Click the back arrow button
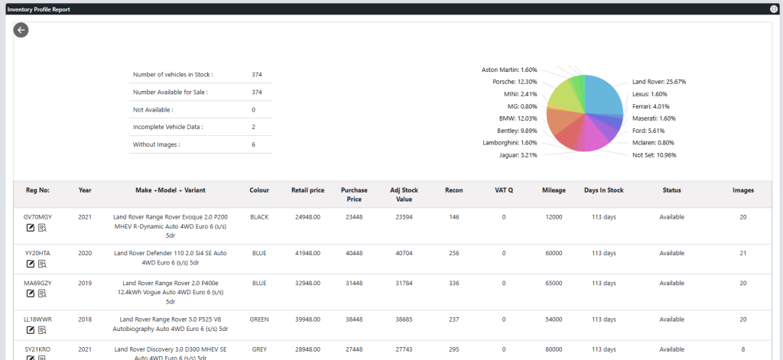(21, 30)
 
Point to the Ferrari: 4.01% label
(651, 106)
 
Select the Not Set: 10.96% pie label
(654, 155)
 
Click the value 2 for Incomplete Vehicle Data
(254, 127)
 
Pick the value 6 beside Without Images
(254, 144)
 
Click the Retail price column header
(308, 190)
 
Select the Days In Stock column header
(603, 190)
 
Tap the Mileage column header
(554, 190)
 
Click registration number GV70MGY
(37, 217)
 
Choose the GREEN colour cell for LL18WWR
(259, 319)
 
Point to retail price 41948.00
(308, 253)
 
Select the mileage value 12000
(554, 217)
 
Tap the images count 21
(742, 253)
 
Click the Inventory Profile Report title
(37, 8)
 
